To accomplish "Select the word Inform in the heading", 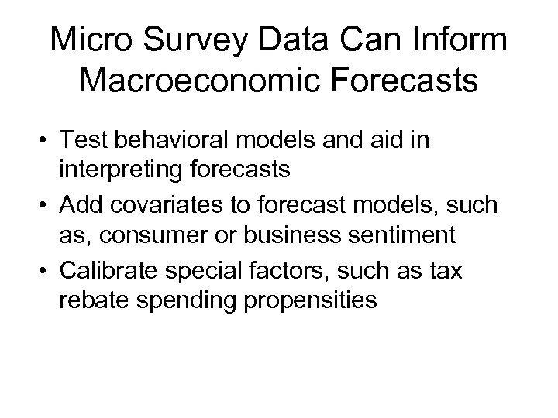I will tap(463, 40).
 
